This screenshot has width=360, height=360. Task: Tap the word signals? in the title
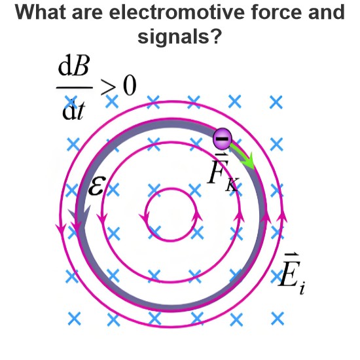pos(180,37)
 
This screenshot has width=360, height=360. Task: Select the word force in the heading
pos(276,12)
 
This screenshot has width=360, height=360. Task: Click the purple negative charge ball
pos(223,139)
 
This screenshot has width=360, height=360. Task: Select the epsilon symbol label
pos(97,185)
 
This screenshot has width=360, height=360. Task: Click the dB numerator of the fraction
pos(73,67)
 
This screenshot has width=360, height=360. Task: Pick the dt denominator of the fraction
pos(74,110)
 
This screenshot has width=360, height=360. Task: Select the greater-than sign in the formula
pos(108,87)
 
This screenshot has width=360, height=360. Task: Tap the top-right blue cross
pos(276,102)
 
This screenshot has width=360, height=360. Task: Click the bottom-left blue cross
pos(75,319)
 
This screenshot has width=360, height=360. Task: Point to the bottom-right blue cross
pos(278,319)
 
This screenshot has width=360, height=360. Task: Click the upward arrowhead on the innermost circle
pos(197,216)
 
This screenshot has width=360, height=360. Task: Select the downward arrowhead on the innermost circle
pos(145,217)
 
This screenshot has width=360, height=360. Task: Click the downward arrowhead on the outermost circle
pos(61,230)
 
